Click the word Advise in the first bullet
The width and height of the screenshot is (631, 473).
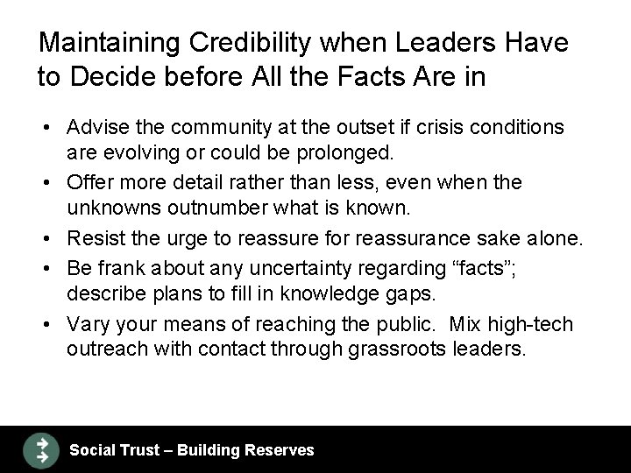[95, 128]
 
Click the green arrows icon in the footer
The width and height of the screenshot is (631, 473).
[40, 449]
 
